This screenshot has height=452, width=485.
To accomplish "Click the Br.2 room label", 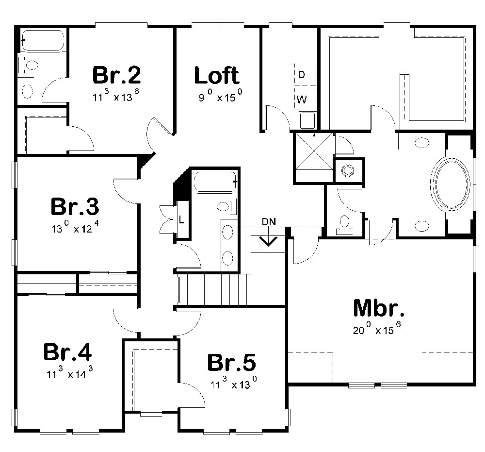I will [x=116, y=75].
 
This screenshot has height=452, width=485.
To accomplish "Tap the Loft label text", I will [x=216, y=76].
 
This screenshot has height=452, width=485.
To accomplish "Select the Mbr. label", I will [x=379, y=309].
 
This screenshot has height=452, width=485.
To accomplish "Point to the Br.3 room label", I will [x=75, y=206].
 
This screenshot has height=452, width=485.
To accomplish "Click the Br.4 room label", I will [x=67, y=352].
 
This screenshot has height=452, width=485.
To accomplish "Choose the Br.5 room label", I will [x=231, y=363].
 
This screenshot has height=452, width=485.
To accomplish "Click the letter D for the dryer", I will [x=301, y=75].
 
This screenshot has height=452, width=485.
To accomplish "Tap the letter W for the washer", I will [x=301, y=100].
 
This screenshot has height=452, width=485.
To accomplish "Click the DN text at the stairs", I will [x=268, y=222].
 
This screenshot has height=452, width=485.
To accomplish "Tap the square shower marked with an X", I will [x=313, y=158].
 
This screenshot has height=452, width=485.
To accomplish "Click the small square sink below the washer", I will [x=306, y=119].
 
